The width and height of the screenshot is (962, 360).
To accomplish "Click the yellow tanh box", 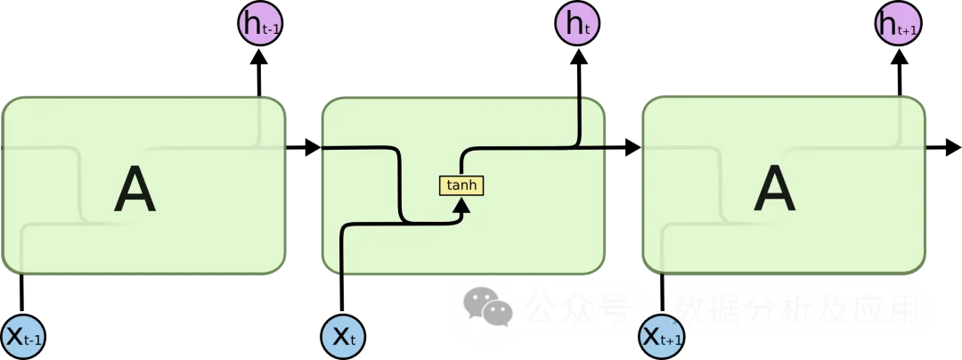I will point(461,185).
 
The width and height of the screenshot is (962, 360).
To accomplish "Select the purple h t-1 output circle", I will point(261,26).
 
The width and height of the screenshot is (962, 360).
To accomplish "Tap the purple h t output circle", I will point(579,26).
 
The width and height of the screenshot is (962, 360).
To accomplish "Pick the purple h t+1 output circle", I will point(898,26).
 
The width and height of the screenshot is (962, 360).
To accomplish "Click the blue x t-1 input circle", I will point(25,336).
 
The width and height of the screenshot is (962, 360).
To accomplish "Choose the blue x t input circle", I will point(343,336).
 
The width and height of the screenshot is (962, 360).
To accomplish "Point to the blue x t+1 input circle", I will point(663,336).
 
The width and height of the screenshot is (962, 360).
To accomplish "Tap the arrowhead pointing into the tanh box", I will point(461,207).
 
